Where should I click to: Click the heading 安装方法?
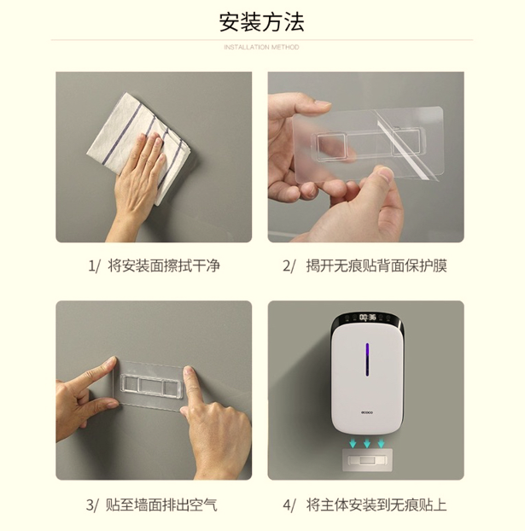coord(261,22)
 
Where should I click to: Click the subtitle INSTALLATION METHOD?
coord(261,47)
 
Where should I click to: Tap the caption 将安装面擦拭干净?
coord(164,265)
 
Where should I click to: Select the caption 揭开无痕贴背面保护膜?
coord(376,265)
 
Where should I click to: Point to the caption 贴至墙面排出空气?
coord(161,505)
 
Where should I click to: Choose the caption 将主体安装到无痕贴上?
coord(376,505)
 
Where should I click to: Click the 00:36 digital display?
coord(367,317)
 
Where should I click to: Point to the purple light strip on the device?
coord(367,359)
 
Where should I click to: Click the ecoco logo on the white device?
coord(367,412)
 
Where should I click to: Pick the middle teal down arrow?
coord(367,443)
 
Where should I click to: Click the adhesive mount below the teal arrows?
coord(367,460)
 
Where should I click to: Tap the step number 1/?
coord(94,265)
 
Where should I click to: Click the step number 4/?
coord(289,505)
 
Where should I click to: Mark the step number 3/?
coord(92,505)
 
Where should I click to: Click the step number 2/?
coord(289,265)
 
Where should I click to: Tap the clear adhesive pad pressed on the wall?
coord(149,385)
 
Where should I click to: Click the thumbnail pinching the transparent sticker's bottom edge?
coord(383,174)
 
